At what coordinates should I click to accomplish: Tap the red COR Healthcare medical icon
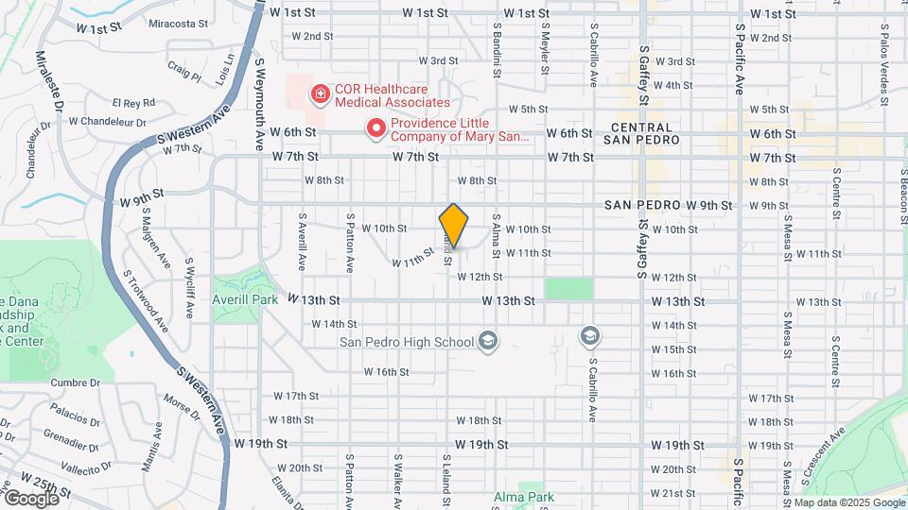(320, 93)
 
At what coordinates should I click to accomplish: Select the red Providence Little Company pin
(376, 127)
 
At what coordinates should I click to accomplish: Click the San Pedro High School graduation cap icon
(488, 340)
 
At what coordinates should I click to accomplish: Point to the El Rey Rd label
(132, 102)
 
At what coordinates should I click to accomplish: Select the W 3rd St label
(674, 61)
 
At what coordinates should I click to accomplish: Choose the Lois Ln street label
(225, 71)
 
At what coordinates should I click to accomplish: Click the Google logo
(31, 498)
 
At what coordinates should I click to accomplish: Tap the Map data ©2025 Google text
(848, 502)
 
